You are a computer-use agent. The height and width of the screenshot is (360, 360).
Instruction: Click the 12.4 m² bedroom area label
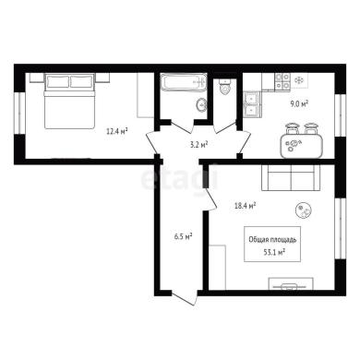[117, 132]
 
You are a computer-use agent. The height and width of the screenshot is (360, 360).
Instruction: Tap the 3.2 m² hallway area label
[198, 144]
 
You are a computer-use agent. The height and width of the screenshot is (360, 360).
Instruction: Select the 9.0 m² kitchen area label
[298, 103]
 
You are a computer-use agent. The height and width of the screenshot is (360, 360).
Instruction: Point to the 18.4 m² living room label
[246, 205]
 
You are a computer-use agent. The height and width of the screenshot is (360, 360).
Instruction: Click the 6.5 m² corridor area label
[183, 236]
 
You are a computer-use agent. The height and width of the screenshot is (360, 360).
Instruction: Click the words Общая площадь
[272, 239]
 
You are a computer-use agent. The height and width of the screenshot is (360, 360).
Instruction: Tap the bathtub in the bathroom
[184, 82]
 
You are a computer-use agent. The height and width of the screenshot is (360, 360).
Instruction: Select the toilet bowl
[225, 87]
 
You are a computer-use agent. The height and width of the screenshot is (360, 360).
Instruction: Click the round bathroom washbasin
[201, 105]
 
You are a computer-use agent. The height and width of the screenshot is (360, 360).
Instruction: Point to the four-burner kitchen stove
[282, 81]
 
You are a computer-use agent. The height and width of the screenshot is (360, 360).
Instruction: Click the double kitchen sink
[252, 104]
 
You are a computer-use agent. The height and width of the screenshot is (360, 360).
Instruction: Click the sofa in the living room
[291, 178]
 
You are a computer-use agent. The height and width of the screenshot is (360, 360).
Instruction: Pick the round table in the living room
[304, 210]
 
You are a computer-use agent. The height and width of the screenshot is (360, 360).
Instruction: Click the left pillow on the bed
[57, 82]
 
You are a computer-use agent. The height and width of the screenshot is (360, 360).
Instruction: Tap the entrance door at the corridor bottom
[184, 298]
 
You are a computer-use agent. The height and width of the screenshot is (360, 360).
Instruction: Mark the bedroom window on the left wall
[19, 113]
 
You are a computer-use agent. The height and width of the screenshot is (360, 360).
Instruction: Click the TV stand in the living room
[291, 283]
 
